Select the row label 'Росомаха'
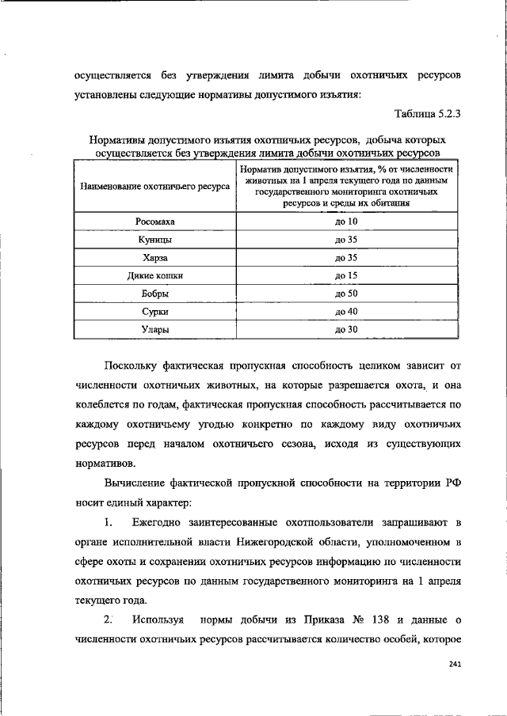point(155,222)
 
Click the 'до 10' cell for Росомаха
point(347,222)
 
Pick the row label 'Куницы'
point(155,240)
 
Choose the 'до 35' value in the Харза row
point(347,258)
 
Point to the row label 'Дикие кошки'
point(155,276)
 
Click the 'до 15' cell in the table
point(347,276)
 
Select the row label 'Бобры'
point(155,294)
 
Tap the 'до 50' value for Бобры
point(347,294)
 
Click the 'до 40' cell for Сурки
point(347,312)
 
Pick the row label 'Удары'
point(155,330)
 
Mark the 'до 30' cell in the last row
point(347,330)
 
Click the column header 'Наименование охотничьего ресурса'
point(155,187)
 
